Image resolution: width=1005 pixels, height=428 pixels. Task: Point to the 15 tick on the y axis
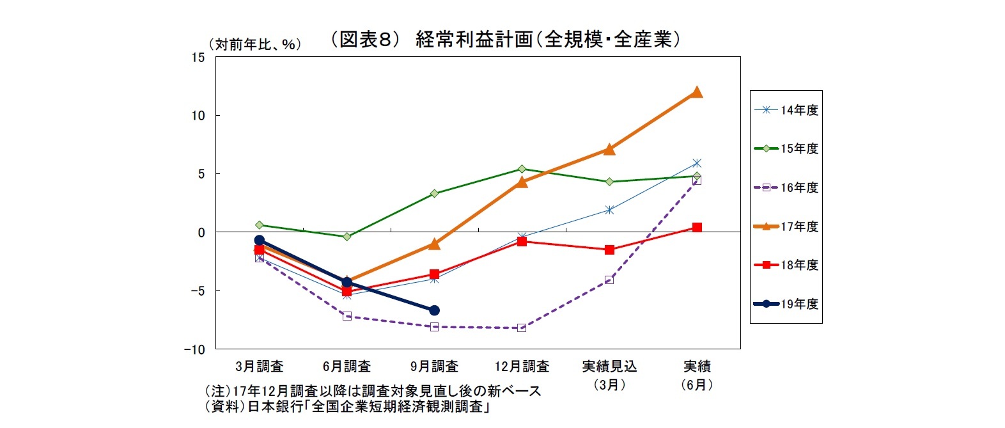(x=198, y=58)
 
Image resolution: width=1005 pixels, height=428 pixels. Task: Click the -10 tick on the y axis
(x=194, y=349)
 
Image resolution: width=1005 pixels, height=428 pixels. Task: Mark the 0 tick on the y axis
(x=201, y=232)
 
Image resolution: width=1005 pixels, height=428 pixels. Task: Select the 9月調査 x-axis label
(x=434, y=367)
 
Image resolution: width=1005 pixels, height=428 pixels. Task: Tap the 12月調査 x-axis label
(x=522, y=367)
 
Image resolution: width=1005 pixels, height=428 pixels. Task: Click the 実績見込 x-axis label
(x=609, y=367)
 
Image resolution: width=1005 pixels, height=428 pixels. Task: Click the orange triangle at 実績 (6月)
(x=697, y=92)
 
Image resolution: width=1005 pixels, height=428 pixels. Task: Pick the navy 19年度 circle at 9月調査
(x=434, y=310)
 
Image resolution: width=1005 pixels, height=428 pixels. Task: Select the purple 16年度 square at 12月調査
(x=522, y=328)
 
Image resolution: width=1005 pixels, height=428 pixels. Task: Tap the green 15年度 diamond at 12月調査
(x=522, y=169)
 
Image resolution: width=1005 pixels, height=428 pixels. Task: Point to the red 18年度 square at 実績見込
(x=609, y=250)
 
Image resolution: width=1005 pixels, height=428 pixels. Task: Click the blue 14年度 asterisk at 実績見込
(x=609, y=210)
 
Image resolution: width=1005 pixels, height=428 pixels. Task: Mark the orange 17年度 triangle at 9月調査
(x=434, y=244)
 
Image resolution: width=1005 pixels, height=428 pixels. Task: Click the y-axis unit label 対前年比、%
(x=254, y=44)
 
